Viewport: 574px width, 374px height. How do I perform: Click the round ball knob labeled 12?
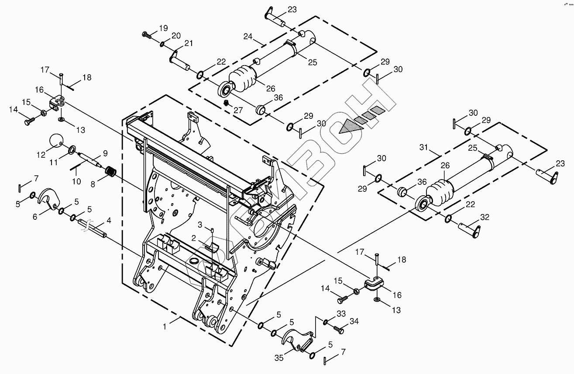click(x=56, y=141)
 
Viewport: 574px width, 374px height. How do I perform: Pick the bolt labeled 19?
click(x=146, y=35)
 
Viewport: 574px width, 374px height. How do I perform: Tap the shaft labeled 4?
click(x=93, y=229)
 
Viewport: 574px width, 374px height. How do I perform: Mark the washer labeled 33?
click(x=326, y=322)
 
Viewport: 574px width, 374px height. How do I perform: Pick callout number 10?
click(x=76, y=180)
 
